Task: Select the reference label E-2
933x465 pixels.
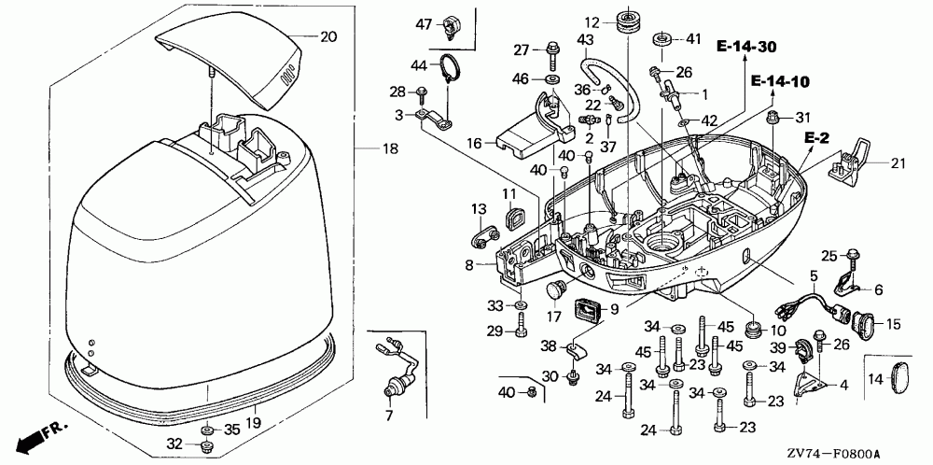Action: pyautogui.click(x=816, y=139)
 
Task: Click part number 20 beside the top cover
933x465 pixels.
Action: pyautogui.click(x=328, y=37)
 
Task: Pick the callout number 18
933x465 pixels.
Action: pyautogui.click(x=390, y=148)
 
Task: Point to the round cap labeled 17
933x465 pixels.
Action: pyautogui.click(x=556, y=291)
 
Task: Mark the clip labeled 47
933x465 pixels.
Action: pyautogui.click(x=451, y=27)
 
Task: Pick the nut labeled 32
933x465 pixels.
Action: pyautogui.click(x=208, y=445)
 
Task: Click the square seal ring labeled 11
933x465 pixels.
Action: pyautogui.click(x=512, y=218)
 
